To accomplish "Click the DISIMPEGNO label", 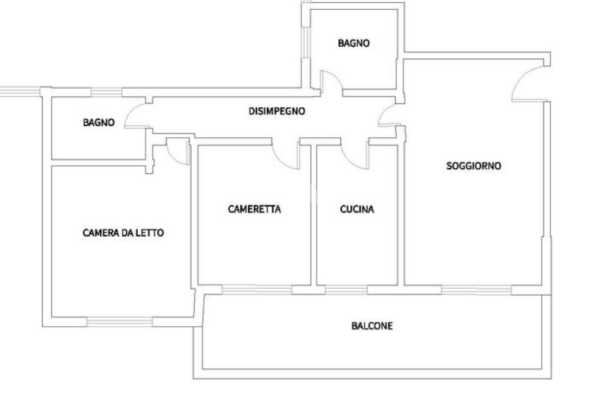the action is coord(277,112).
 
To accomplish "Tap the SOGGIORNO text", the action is coord(474,167).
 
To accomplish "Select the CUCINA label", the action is coord(357,210).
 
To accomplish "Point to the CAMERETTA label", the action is coord(254,210).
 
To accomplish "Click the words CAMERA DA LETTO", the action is coord(123,233).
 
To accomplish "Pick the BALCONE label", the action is coord(372,326).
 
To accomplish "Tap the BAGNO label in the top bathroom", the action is coord(353,43).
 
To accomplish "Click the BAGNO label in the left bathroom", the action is coord(99,123).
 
